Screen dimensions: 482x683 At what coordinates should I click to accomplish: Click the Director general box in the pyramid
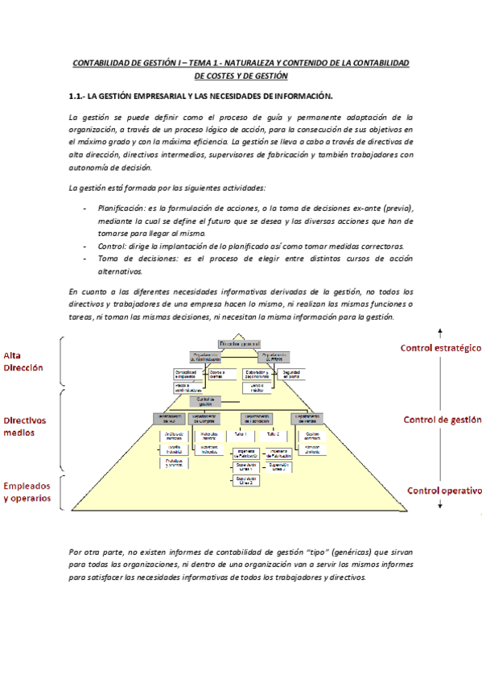tap(240, 343)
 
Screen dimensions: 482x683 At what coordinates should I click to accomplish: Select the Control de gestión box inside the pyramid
tap(204, 400)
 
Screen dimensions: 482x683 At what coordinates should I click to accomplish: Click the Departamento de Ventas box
tap(310, 419)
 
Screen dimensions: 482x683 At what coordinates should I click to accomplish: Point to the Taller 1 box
tap(241, 435)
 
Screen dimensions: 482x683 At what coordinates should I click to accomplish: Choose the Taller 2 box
tap(271, 435)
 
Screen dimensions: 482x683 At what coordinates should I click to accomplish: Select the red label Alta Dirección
tap(23, 361)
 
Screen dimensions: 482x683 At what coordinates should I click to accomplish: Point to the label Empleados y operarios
tap(27, 492)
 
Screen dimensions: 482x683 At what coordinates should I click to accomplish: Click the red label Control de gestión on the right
tap(442, 420)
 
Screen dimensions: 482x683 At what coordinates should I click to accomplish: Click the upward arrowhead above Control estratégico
tap(440, 331)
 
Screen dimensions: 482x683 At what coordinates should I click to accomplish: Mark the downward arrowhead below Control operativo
tap(440, 505)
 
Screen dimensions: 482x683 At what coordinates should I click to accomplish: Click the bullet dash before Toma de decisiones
tap(85, 259)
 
